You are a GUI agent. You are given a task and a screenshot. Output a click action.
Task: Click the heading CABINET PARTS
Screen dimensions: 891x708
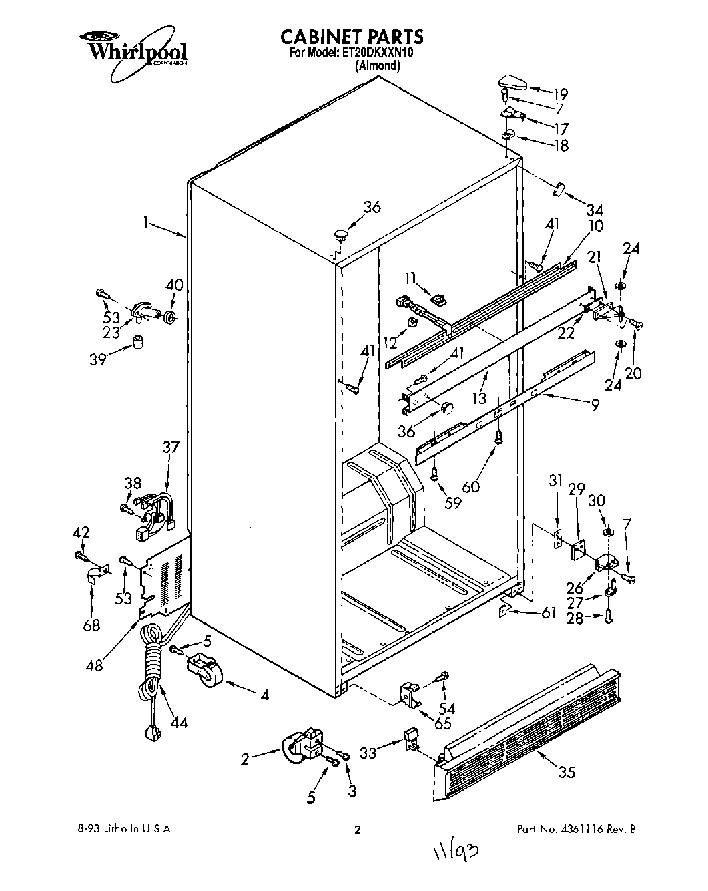point(352,36)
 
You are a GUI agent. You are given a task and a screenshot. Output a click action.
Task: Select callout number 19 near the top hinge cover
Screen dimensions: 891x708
point(559,94)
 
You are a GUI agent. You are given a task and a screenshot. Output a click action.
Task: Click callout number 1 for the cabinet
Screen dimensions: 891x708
point(145,224)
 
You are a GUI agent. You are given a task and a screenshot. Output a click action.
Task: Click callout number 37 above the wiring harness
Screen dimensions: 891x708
point(171,447)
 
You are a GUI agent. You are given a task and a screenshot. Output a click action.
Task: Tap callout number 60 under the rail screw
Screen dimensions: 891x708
point(471,487)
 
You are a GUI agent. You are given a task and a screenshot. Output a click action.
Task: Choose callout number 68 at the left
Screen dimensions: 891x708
point(91,625)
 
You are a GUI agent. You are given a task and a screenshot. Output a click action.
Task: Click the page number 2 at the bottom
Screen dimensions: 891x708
point(357,830)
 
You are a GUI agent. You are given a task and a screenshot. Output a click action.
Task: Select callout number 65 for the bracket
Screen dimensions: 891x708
point(442,723)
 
